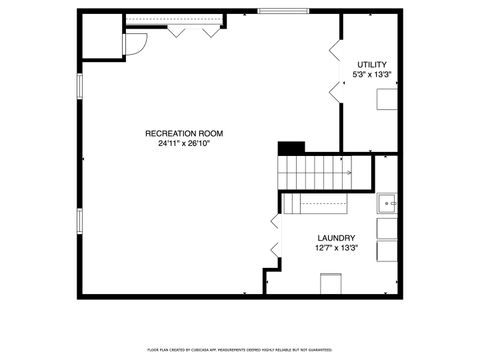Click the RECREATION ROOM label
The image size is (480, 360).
pos(183,133)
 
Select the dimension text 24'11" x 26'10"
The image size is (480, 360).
pos(183,144)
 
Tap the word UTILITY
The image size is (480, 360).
pos(371,65)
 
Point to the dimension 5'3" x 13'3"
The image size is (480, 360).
pos(371,75)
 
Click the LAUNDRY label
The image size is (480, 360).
pos(336,238)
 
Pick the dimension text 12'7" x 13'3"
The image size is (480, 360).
pos(336,248)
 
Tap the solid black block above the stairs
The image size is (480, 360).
pos(290,148)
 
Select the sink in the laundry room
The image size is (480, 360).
pos(388,203)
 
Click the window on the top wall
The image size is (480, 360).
pos(283,12)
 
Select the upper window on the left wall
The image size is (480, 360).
pos(79,84)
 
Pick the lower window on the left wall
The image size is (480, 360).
pos(79,225)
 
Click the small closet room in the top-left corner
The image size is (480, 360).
pos(101,36)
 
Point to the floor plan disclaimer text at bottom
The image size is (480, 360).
pos(240,349)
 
